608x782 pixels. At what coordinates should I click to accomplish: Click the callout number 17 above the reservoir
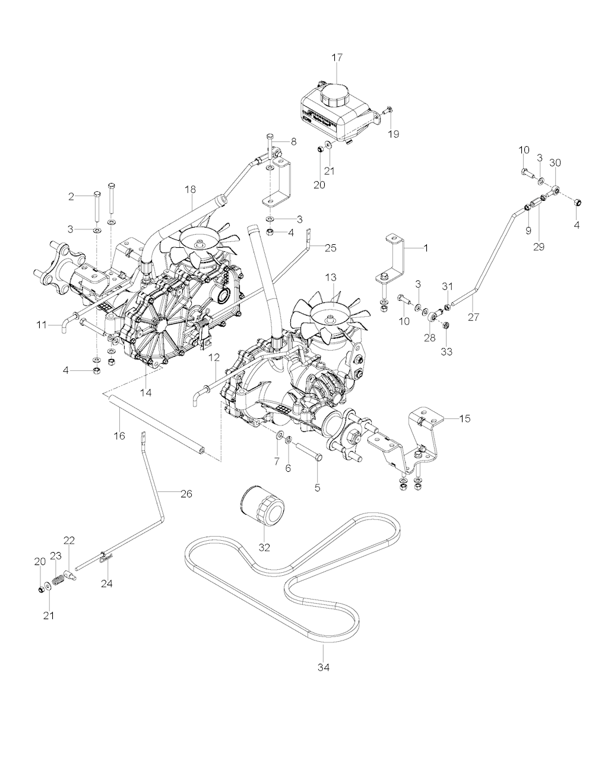coord(337,58)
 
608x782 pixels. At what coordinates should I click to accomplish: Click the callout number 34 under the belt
coord(323,667)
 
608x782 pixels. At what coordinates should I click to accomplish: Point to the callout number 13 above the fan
coord(330,278)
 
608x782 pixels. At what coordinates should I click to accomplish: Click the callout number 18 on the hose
coord(190,189)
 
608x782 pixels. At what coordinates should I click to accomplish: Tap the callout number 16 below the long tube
coord(119,436)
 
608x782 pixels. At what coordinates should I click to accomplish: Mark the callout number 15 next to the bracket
coord(465,418)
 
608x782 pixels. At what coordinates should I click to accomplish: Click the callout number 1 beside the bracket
coord(425,247)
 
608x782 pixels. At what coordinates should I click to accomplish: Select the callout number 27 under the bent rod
coord(473,317)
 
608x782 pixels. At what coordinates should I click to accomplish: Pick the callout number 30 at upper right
coord(555,162)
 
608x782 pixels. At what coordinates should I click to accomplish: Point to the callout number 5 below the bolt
coord(317,487)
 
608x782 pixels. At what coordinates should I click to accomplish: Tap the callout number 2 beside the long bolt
coord(71,196)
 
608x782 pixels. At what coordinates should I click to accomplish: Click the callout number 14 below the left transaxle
coord(145,392)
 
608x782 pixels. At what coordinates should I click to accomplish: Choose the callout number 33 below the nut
coord(446,352)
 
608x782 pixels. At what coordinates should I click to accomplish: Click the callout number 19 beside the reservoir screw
coord(394,134)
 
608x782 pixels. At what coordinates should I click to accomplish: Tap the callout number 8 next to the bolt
coord(293,141)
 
